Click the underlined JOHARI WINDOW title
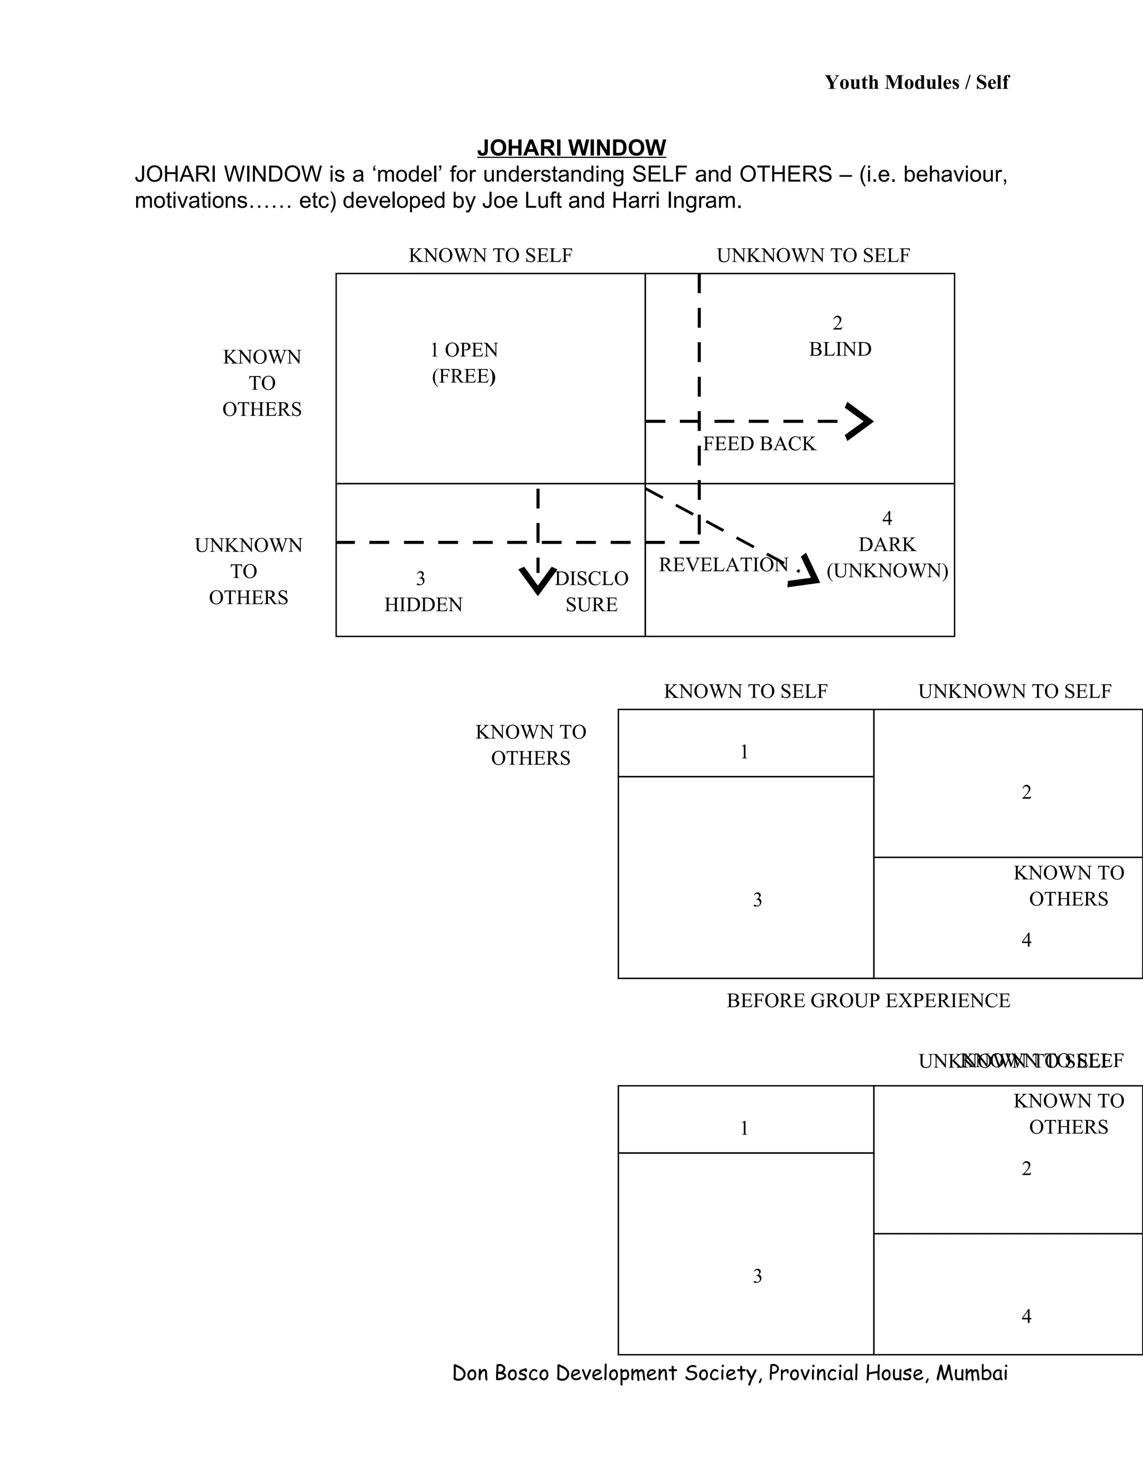[571, 148]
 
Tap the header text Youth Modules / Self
[916, 83]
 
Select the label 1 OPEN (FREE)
[464, 363]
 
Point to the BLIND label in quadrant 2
[839, 349]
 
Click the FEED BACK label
[759, 444]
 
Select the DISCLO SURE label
[591, 591]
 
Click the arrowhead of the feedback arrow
[861, 422]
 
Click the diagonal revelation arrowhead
[806, 572]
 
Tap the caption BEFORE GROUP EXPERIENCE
[868, 1001]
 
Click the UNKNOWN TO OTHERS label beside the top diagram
[248, 572]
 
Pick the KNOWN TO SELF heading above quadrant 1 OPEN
[490, 255]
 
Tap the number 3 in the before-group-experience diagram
[757, 900]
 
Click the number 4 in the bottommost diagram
[1026, 1317]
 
